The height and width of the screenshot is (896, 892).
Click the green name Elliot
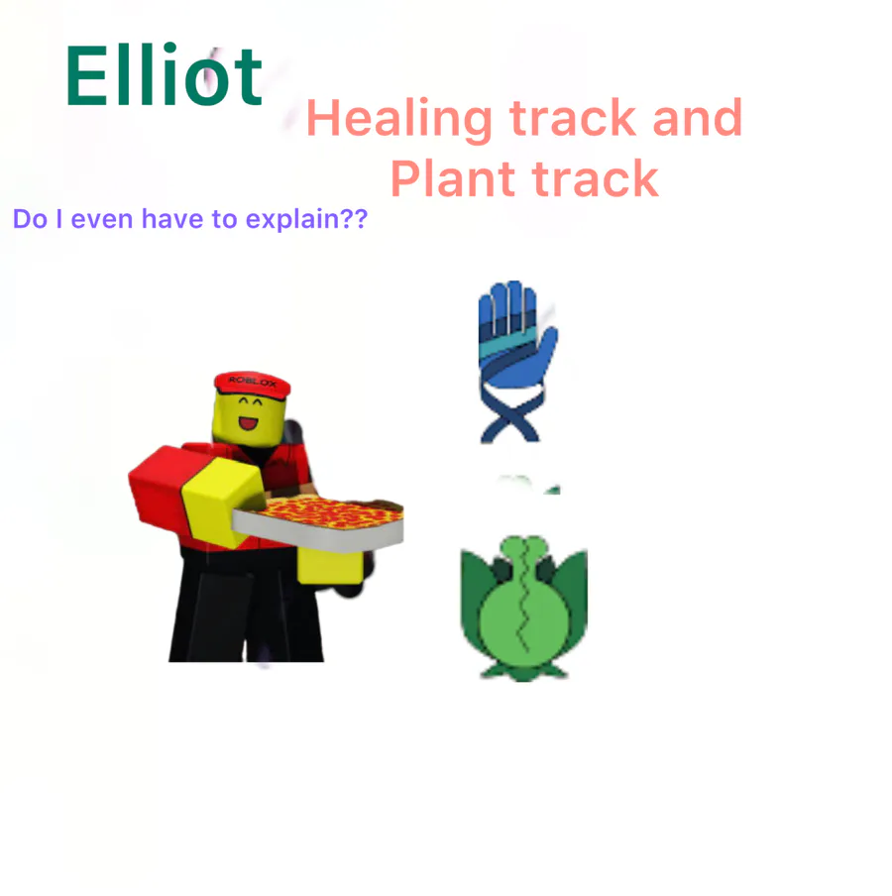[164, 75]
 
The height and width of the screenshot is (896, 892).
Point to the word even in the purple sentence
[102, 219]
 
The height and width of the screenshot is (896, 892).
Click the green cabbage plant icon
[523, 608]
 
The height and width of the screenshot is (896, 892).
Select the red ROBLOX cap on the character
[252, 385]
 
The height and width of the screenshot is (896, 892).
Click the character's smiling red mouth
[248, 423]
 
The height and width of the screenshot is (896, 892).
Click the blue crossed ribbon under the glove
[511, 415]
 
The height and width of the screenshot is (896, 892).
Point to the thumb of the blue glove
[545, 348]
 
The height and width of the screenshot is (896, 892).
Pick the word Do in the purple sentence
[31, 219]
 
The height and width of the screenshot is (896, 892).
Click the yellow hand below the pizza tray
[330, 566]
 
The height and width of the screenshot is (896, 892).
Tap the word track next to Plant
[595, 178]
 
